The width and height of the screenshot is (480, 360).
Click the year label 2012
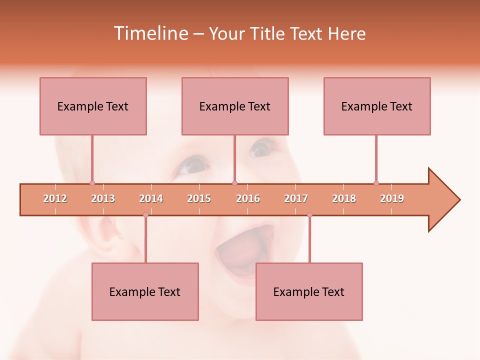coord(55,198)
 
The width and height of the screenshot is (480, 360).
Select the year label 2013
coord(103,198)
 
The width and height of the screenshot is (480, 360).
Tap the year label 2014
coord(151,198)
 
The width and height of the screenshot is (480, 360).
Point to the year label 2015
coord(199,198)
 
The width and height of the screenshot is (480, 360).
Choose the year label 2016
coord(248,198)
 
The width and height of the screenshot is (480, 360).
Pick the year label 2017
coord(296,198)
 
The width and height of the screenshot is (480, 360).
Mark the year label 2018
coord(344,198)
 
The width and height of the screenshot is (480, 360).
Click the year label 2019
coord(392,198)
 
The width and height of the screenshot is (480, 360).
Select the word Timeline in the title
coord(149,33)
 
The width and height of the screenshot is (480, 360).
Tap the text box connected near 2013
coord(93,106)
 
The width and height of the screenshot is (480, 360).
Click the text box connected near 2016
coord(235,106)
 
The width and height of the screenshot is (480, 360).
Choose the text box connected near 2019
coord(377,106)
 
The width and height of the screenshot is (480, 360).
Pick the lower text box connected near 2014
coord(145,291)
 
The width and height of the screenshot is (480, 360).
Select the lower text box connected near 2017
coord(309,291)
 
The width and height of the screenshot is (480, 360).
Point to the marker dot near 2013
coord(92,183)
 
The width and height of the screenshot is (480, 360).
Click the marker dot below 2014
coord(145,215)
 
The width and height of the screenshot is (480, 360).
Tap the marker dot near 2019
coord(376,183)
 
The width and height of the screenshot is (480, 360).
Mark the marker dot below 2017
coord(309,215)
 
